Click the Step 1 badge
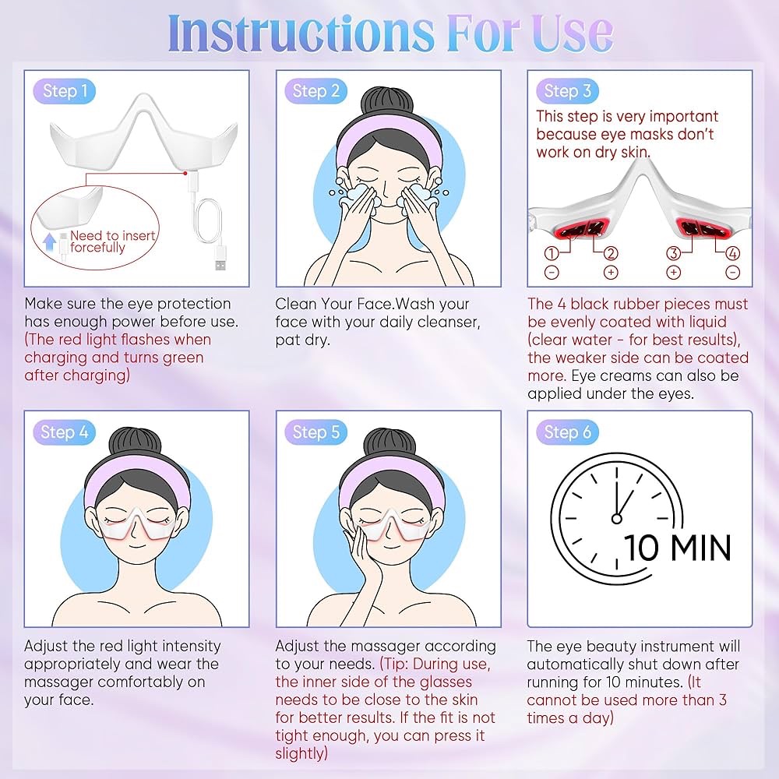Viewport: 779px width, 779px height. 64,91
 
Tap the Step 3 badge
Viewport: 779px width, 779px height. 567,91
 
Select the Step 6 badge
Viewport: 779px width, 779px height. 567,432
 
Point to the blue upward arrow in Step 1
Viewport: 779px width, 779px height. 49,242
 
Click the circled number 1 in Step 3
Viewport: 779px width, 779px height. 552,253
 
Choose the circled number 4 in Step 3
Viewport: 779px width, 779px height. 733,253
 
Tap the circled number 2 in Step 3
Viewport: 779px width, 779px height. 611,253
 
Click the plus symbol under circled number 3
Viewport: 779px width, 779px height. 674,272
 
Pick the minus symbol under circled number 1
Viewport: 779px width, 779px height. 552,272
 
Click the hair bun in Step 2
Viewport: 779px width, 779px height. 387,103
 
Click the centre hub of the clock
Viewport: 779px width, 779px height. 616,519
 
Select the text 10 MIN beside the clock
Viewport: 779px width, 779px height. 677,548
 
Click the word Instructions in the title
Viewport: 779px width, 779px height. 301,33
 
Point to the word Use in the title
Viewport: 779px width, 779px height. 573,33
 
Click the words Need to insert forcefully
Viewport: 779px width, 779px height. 113,241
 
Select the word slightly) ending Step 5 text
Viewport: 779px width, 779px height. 301,753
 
